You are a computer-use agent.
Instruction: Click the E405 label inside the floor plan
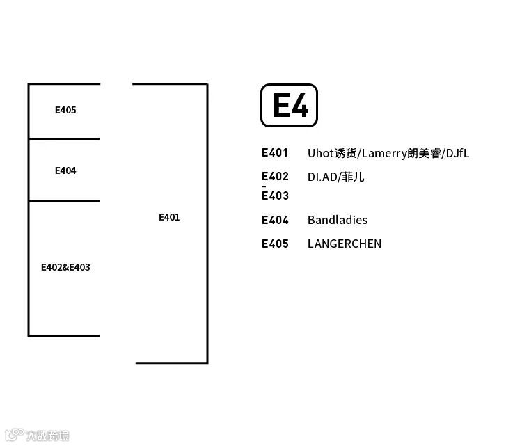point(65,110)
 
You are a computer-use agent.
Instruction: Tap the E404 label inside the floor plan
point(65,170)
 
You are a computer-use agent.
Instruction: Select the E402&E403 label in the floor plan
point(65,267)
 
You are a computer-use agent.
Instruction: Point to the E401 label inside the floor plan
point(169,217)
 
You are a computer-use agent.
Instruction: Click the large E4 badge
point(289,106)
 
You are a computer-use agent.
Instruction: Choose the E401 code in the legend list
point(275,153)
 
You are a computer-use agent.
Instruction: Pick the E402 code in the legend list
point(275,177)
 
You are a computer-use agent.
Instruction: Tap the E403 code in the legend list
point(275,196)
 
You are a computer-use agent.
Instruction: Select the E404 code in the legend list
point(275,221)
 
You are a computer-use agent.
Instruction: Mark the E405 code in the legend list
point(275,244)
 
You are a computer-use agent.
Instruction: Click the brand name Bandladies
point(338,221)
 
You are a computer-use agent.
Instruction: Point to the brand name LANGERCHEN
point(345,244)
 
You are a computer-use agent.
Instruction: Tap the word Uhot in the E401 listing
point(320,153)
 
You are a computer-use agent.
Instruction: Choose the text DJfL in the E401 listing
point(457,153)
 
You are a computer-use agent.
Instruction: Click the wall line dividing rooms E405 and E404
point(64,138)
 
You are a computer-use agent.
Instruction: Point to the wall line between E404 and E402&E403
point(64,201)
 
